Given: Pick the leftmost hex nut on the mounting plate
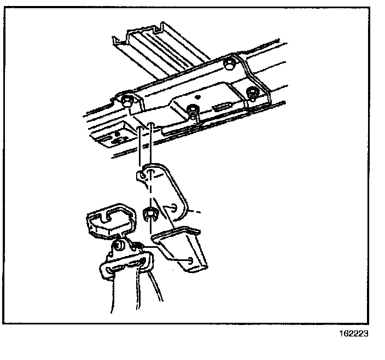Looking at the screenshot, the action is [x=127, y=100].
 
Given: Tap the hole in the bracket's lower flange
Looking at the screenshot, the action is [x=189, y=261].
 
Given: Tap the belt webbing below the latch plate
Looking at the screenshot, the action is [x=131, y=295].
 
